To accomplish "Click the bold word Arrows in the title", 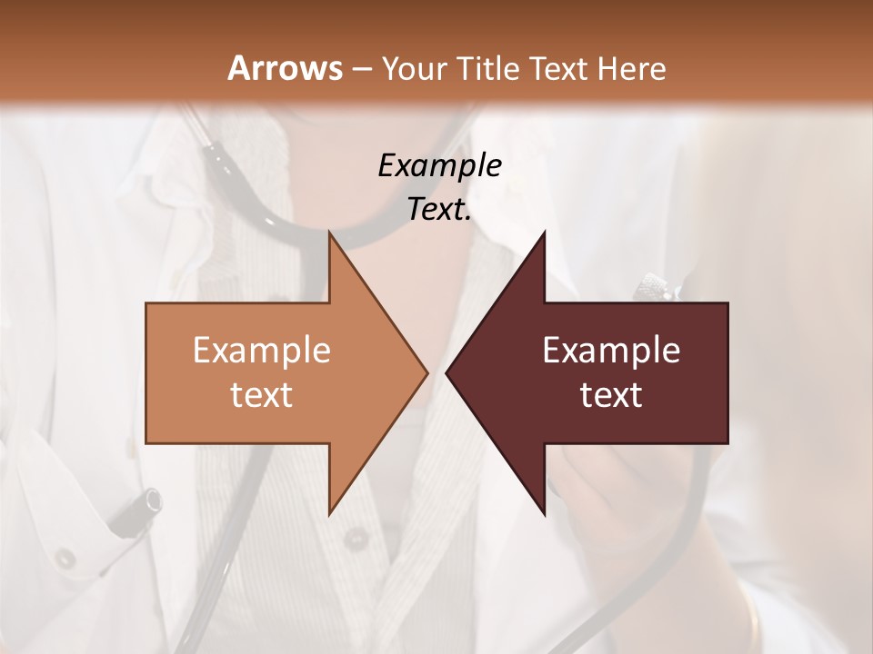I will pyautogui.click(x=286, y=68).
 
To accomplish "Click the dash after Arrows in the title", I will pyautogui.click(x=362, y=70).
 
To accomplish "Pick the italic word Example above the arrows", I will pyautogui.click(x=439, y=166).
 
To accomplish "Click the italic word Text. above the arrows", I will pyautogui.click(x=439, y=209).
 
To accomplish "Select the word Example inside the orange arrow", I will pyautogui.click(x=262, y=351).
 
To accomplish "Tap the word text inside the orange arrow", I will pyautogui.click(x=262, y=395).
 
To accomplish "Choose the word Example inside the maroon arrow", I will pyautogui.click(x=611, y=351).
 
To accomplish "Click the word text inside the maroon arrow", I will pyautogui.click(x=611, y=395).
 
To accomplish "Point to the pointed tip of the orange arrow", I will pyautogui.click(x=426, y=372).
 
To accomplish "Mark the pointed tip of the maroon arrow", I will pyautogui.click(x=447, y=372).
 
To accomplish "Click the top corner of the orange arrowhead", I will pyautogui.click(x=329, y=233).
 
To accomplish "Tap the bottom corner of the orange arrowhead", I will pyautogui.click(x=329, y=514).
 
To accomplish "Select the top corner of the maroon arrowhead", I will pyautogui.click(x=544, y=233).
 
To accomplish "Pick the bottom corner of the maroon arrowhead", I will pyautogui.click(x=544, y=514).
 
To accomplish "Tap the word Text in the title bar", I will pyautogui.click(x=561, y=69).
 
